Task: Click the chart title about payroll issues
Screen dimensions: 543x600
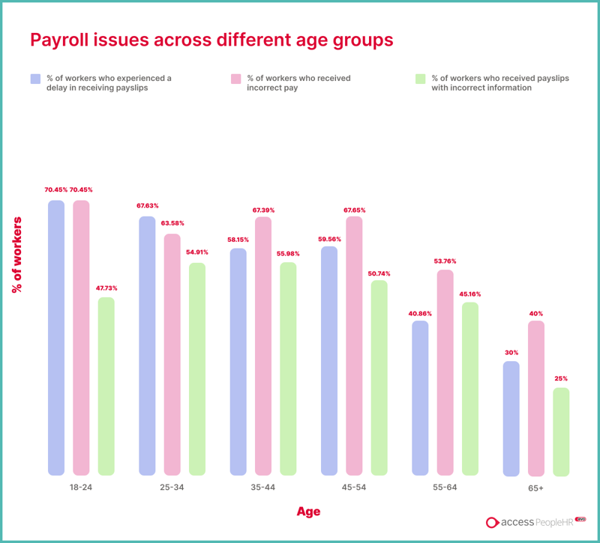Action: click(211, 39)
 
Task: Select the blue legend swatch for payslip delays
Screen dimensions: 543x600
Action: click(35, 79)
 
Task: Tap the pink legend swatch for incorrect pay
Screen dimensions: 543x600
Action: click(235, 79)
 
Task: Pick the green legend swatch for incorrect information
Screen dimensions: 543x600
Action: click(420, 79)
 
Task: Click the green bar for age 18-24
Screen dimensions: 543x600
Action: click(106, 386)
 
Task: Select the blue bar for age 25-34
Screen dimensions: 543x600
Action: click(148, 345)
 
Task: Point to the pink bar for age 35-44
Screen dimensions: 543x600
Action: click(263, 345)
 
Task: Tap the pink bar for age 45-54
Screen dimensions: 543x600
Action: click(354, 345)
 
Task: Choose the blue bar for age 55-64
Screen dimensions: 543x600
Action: click(420, 398)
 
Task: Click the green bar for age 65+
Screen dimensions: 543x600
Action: click(561, 431)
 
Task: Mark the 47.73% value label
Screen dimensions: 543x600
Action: click(105, 288)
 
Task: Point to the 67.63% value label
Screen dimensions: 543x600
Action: click(147, 206)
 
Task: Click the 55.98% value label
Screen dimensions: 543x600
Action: click(289, 253)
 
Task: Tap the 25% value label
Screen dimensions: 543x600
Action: click(561, 379)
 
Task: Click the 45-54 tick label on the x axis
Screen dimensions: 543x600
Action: click(354, 488)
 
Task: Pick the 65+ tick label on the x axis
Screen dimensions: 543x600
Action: click(535, 488)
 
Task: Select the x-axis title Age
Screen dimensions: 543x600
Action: click(308, 512)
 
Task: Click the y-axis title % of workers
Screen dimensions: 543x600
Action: click(17, 255)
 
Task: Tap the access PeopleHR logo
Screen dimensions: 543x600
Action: click(535, 523)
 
